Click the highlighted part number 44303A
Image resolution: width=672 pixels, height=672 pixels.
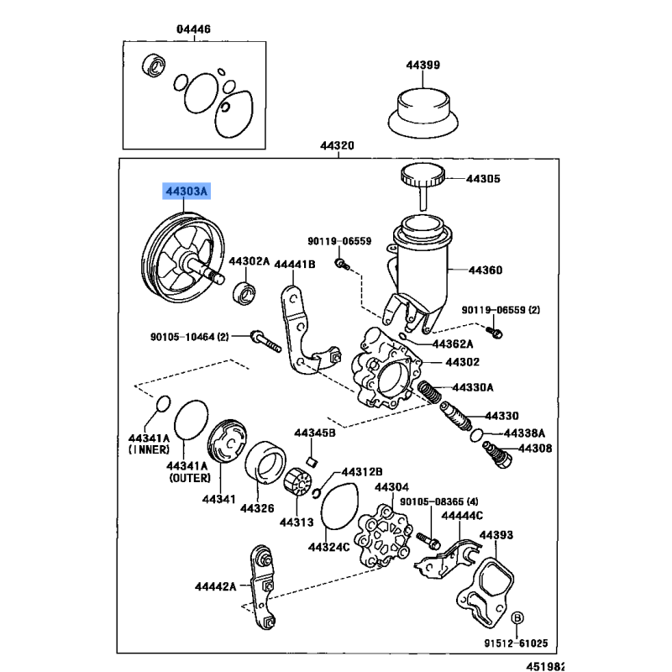[x=186, y=192]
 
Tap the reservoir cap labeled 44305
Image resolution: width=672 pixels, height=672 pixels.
[x=423, y=177]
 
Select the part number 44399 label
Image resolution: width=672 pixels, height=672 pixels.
[x=423, y=65]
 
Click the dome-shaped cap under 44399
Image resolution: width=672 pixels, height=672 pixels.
[x=424, y=110]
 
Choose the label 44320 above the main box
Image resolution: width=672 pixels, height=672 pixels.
[x=337, y=145]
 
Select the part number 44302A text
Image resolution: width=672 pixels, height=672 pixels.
[x=249, y=261]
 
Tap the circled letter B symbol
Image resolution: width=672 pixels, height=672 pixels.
[x=517, y=618]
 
